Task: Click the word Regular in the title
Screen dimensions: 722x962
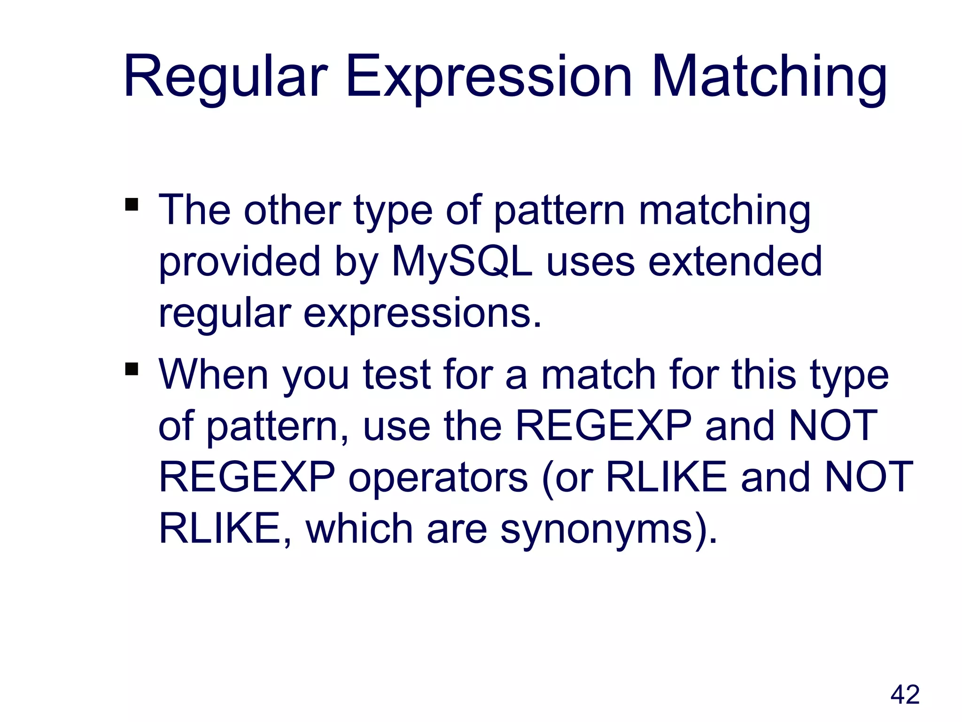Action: coord(225,78)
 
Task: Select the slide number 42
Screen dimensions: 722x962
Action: coord(905,695)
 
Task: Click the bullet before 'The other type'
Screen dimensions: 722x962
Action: coord(132,205)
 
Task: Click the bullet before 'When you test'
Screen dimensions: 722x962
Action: coord(132,369)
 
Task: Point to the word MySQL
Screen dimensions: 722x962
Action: coord(462,261)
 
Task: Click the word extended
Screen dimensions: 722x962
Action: coord(735,261)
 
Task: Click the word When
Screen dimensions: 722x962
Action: coord(214,375)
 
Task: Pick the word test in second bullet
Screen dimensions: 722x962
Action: coord(397,375)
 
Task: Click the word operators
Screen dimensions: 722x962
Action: coord(438,478)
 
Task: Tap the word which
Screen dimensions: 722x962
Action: coord(359,529)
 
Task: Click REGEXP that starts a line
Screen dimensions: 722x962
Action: coord(247,478)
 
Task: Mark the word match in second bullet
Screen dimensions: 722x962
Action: coord(598,375)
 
